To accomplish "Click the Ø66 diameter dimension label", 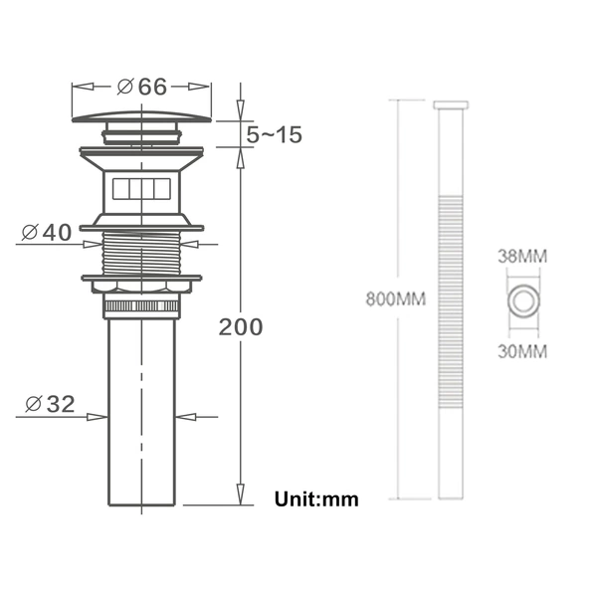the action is point(142,87).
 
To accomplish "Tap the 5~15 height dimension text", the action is point(275,134).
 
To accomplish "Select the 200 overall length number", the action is point(241,327).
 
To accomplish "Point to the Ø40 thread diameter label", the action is point(47,232).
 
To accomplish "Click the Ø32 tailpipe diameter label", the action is point(50,404).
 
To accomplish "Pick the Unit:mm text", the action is point(316,499).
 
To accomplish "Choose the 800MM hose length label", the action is point(396,298).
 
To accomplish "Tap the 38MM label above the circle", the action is point(522,257).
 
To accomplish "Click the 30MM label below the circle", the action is point(522,351).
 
